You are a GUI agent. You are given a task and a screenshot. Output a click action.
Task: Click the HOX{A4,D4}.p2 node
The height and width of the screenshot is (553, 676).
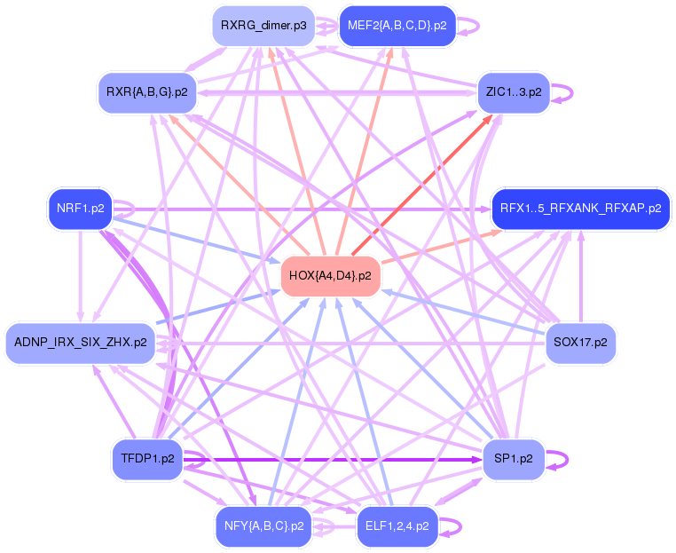331,276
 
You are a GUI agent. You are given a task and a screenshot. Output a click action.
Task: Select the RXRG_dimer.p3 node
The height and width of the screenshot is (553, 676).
263,26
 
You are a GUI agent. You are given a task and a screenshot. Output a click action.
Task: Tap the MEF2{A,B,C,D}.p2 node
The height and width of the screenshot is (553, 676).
397,26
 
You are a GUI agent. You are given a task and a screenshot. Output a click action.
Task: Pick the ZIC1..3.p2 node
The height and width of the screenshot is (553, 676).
514,91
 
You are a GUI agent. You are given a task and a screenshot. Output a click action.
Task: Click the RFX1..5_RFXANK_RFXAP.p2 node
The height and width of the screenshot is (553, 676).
580,209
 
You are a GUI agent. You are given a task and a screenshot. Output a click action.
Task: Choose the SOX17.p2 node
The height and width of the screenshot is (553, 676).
580,342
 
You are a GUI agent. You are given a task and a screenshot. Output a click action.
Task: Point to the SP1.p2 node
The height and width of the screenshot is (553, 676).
513,459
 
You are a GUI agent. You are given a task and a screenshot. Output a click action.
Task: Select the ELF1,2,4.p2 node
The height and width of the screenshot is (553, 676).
397,525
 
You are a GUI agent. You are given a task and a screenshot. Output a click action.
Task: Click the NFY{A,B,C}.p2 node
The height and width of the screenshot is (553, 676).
263,525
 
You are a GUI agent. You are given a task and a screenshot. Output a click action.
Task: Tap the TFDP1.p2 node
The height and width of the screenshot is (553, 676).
147,459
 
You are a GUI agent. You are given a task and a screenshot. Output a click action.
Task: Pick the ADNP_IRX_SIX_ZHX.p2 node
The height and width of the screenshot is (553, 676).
80,342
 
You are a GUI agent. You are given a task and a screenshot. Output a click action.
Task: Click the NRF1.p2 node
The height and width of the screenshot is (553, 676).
80,209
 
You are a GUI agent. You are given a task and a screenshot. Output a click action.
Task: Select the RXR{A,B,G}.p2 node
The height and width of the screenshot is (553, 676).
146,91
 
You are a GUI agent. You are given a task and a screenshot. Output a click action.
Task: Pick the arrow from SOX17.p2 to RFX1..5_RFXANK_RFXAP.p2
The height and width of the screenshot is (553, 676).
581,275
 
